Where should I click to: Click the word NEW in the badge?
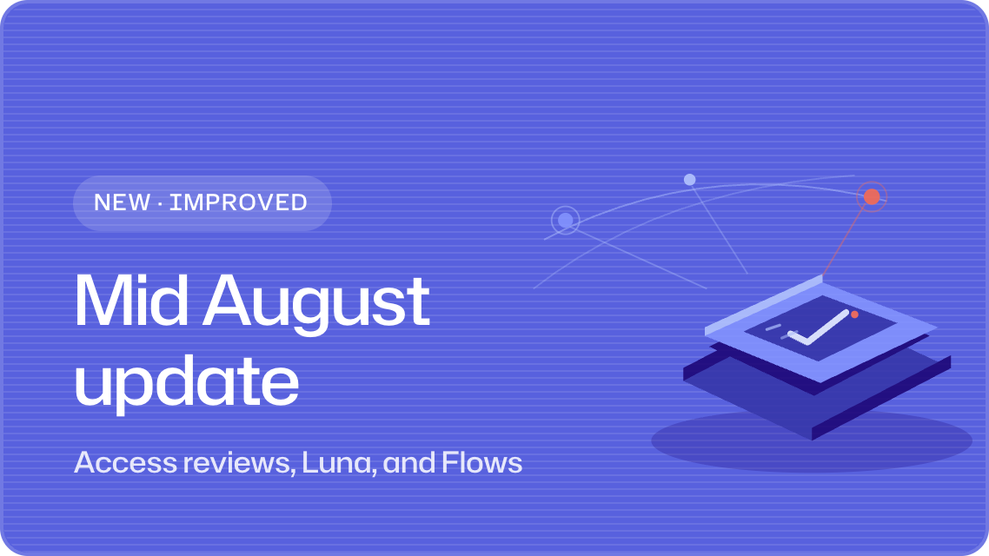point(122,202)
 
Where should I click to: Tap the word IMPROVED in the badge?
point(238,202)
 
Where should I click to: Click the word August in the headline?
point(316,305)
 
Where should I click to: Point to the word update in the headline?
point(187,382)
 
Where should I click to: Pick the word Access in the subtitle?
point(125,462)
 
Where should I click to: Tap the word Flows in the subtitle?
point(481,462)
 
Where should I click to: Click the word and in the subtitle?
point(408,462)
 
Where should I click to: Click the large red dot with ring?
point(872,196)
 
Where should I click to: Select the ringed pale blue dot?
point(565,220)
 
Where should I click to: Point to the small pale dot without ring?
point(689,180)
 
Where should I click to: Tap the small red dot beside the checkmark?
point(854,314)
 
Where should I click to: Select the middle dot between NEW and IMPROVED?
point(160,203)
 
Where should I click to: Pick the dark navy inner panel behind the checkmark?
point(820,328)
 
